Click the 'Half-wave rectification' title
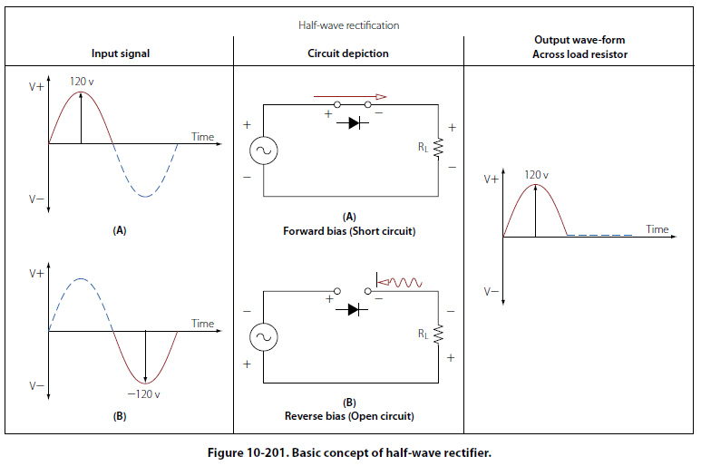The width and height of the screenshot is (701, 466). coord(349,25)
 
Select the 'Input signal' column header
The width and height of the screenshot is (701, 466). coord(121,53)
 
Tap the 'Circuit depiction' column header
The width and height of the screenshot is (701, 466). coord(348,53)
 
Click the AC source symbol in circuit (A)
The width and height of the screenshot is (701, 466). coord(263,150)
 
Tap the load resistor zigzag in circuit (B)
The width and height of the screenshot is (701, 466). coord(438,335)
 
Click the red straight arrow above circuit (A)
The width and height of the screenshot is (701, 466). coord(349,96)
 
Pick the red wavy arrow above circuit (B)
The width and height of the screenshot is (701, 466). coord(399,282)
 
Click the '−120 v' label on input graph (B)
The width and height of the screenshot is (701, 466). coord(144,394)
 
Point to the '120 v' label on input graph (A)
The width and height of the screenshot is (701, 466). coord(83,82)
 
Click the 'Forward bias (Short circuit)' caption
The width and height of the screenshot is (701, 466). coord(348,230)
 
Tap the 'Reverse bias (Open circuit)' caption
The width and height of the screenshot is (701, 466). coord(348,416)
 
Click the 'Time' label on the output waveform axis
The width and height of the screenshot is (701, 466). coord(657,229)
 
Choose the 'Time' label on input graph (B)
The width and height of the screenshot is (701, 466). coord(202,324)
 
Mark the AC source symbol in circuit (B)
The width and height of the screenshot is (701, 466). coord(263,338)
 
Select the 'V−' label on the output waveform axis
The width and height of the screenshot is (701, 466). coord(491,292)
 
